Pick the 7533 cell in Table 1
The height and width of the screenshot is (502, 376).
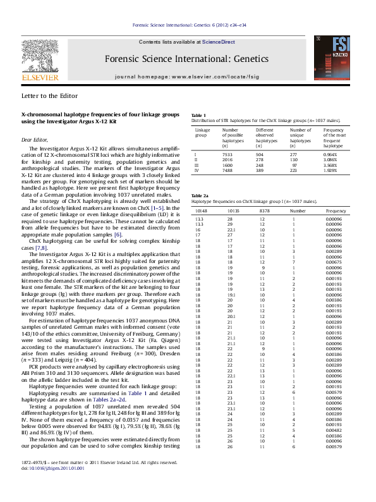(228, 154)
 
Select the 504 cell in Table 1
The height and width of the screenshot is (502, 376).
(260, 154)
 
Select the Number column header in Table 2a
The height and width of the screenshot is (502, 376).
(298, 209)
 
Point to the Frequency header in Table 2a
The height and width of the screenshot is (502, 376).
(336, 209)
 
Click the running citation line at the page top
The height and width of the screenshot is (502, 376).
(188, 25)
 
